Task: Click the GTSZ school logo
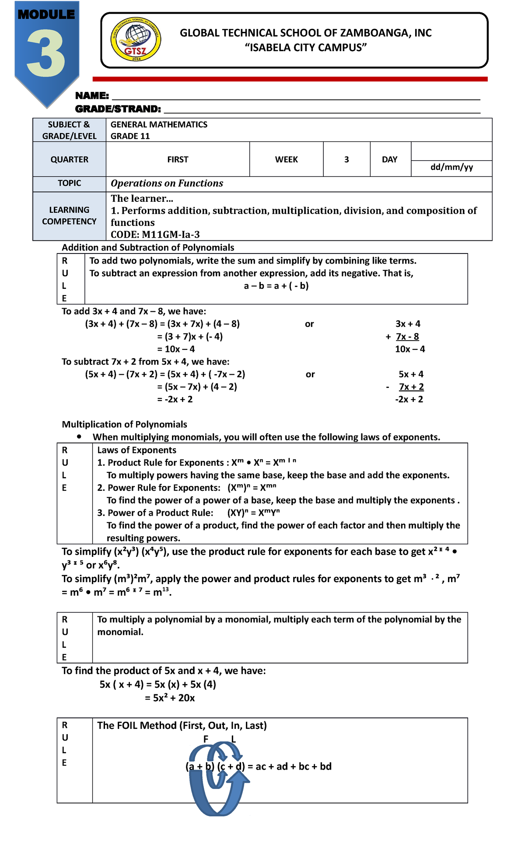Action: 136,40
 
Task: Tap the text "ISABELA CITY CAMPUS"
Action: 305,48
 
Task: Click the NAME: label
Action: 92,95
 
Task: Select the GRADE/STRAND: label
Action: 118,109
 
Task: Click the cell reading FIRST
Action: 178,159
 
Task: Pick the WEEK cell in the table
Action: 286,159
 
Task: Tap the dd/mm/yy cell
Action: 451,167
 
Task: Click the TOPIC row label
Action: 69,183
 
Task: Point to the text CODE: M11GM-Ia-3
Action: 155,234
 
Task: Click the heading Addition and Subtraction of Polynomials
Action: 148,247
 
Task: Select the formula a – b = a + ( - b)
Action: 276,286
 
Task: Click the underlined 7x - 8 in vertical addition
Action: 407,336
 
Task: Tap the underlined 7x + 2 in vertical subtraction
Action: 411,387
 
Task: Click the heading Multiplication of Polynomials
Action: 124,424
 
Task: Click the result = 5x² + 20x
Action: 170,698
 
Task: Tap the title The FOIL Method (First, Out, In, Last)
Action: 182,725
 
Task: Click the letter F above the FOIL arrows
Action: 206,739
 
